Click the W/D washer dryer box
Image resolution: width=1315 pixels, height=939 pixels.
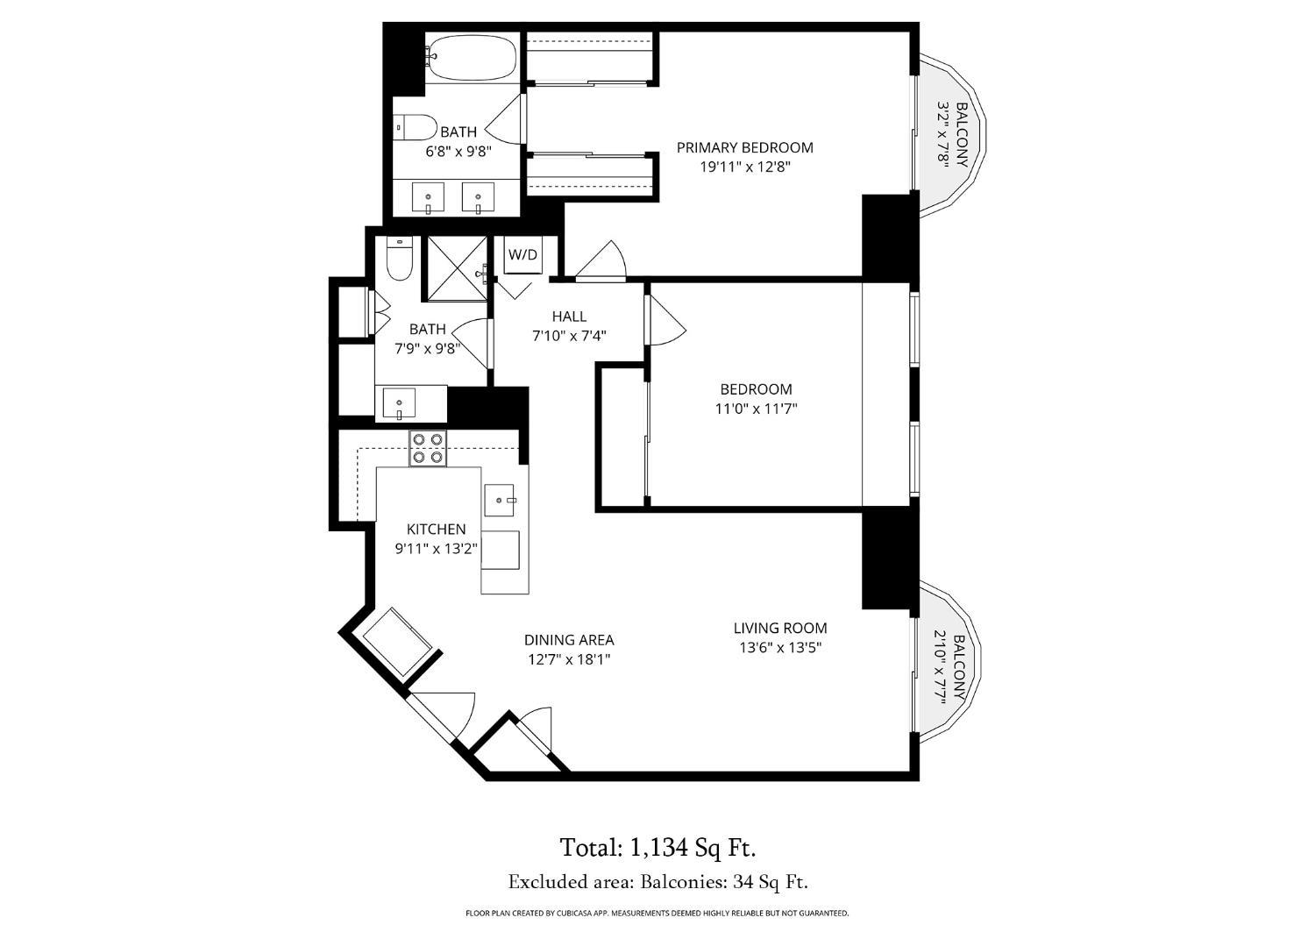(x=523, y=255)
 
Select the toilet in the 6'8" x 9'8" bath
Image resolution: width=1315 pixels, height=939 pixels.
(x=416, y=128)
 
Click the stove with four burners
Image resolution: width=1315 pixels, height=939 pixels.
(x=428, y=448)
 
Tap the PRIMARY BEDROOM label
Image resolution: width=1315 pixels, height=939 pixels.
(x=744, y=147)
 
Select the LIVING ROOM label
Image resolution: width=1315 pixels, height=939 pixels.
(x=779, y=628)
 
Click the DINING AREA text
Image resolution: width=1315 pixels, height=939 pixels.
(x=568, y=640)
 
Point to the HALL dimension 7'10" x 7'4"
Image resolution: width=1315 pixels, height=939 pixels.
(x=569, y=335)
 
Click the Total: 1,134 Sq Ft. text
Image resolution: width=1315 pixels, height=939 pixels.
(x=657, y=848)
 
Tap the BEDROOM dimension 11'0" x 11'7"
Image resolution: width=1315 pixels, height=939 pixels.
(x=756, y=408)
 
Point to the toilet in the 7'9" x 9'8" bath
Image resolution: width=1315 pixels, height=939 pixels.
(x=400, y=260)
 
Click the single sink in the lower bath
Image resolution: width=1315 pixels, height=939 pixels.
(x=400, y=404)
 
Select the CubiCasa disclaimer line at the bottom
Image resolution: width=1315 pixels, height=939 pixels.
(x=657, y=914)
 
